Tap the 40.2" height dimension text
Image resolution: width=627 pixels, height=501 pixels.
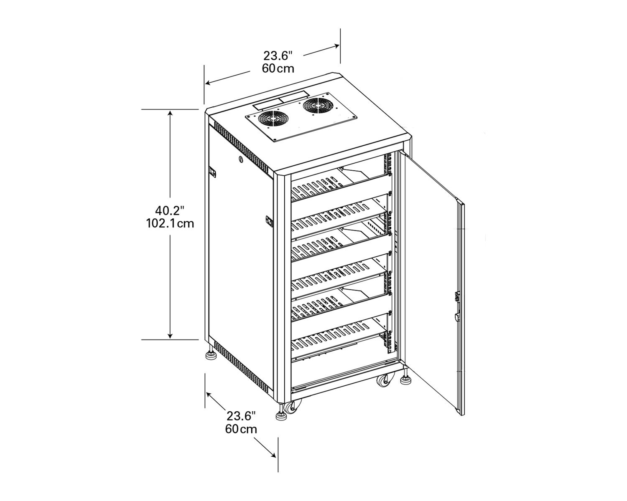tap(170, 210)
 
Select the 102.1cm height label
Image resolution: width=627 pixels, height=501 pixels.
tap(170, 224)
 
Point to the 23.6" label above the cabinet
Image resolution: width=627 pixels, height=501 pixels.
tap(278, 55)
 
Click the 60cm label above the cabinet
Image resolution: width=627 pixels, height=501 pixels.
tap(278, 69)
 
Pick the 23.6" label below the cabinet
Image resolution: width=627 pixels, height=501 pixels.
tap(241, 416)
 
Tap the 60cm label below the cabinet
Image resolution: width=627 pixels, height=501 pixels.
tap(241, 429)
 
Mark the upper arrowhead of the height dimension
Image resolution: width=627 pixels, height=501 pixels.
tap(170, 113)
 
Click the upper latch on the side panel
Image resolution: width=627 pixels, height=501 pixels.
tap(212, 172)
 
